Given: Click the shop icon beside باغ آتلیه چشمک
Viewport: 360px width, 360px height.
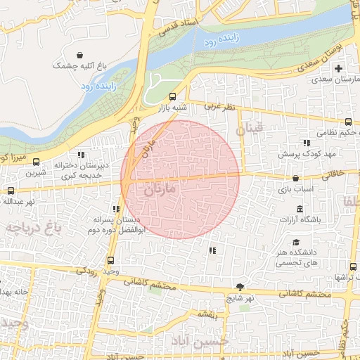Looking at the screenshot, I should click(82, 55).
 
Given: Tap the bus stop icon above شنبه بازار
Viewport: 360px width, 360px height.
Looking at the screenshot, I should click(173, 96).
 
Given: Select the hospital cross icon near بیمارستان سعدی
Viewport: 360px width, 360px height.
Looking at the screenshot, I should click(339, 68).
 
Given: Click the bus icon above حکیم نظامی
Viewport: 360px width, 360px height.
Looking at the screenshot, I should click(349, 122).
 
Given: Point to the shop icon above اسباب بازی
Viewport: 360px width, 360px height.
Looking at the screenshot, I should click(295, 179).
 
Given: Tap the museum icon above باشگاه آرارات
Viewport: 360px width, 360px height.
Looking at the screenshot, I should click(300, 209).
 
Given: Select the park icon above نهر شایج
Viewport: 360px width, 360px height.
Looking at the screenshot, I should click(241, 287).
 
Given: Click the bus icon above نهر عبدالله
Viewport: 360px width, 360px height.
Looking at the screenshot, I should click(10, 191).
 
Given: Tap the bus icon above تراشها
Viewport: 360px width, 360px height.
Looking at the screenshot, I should click(353, 266).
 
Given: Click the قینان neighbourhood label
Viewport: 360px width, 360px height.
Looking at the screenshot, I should click(248, 129).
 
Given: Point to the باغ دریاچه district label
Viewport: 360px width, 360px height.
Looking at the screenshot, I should click(32, 227).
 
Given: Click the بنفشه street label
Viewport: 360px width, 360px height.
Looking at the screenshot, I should click(210, 314).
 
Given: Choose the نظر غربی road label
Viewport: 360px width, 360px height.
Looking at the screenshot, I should click(217, 107).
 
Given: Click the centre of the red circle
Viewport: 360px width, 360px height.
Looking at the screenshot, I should click(180, 179).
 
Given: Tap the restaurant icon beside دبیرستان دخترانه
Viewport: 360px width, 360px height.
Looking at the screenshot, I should click(82, 155).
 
